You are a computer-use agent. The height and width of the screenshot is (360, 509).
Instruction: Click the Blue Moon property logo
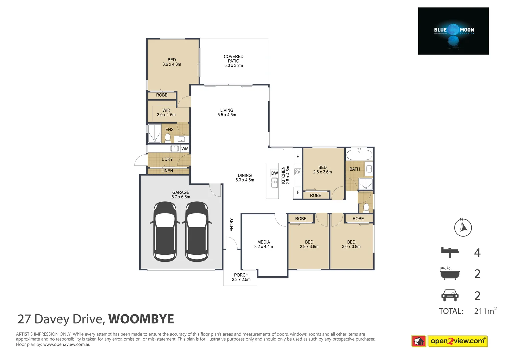pos(453,31)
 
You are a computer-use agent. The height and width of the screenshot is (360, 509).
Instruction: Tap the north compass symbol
pos(463,228)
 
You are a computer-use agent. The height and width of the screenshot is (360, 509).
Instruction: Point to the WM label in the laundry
pos(185,149)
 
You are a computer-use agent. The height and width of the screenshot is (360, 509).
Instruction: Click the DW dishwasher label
pos(274,173)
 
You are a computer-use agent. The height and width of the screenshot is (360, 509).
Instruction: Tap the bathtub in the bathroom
pos(359,155)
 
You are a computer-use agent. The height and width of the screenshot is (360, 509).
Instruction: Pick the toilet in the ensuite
pos(168,138)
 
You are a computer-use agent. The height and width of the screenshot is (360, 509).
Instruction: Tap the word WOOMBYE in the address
pos(141,319)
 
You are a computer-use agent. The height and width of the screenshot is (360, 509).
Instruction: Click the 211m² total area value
pos(485,311)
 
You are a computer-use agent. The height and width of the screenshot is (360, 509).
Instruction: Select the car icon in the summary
pos(450,295)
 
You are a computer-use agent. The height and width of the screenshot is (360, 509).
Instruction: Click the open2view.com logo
pos(457,341)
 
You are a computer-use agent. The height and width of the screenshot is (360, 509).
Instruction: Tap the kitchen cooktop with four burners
pos(298,172)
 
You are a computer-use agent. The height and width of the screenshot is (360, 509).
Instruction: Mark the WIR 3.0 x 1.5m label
pos(166,113)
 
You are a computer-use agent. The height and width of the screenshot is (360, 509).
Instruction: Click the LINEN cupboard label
pos(167,171)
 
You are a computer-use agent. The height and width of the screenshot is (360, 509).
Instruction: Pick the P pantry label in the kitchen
pos(298,156)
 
